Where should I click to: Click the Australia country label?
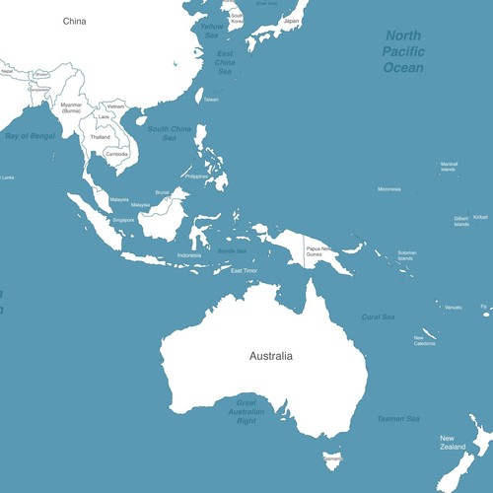(x=271, y=355)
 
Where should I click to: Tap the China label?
(x=74, y=21)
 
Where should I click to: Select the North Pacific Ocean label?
(x=404, y=51)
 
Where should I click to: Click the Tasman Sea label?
(x=398, y=419)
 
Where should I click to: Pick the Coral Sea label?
(x=378, y=317)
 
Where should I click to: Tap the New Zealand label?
(x=454, y=443)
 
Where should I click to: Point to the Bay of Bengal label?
(x=31, y=135)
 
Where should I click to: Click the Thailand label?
(x=101, y=137)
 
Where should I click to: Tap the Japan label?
(x=291, y=21)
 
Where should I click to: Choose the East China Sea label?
(x=225, y=62)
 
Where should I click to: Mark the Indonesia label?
(x=189, y=255)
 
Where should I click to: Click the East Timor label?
(x=244, y=270)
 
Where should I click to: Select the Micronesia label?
(x=388, y=189)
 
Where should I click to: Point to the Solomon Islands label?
(x=406, y=255)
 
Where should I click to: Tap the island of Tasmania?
(x=330, y=458)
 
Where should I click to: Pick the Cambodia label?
(x=116, y=154)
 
